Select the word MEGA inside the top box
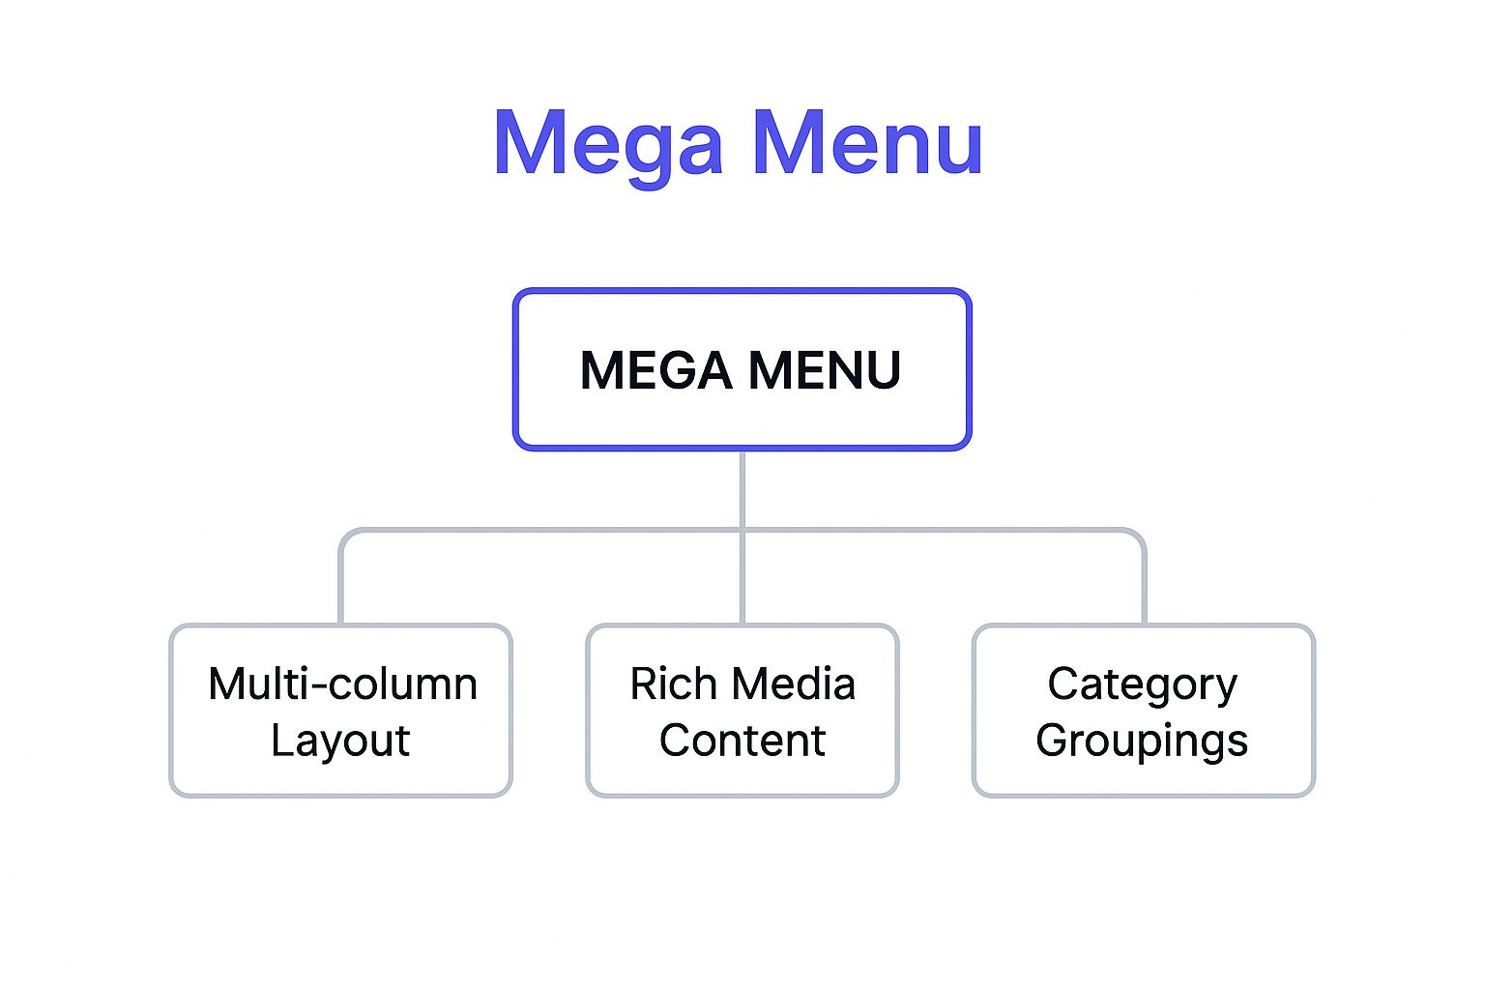(x=655, y=370)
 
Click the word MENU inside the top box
(x=824, y=370)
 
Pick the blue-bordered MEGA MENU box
(x=742, y=319)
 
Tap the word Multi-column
(x=342, y=684)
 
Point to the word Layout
(x=340, y=741)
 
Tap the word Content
(x=742, y=741)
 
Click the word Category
(x=1142, y=684)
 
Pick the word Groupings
(x=1142, y=741)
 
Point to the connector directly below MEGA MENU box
(x=742, y=488)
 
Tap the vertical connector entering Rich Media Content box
(x=742, y=580)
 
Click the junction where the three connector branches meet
(x=742, y=530)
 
